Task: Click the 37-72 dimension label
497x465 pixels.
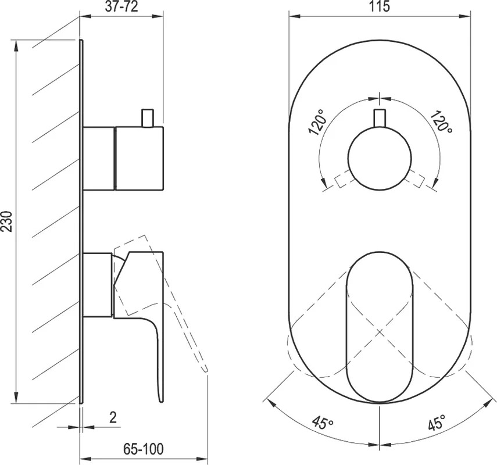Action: click(121, 6)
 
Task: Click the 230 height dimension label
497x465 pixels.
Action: click(7, 221)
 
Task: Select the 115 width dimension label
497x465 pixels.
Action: click(380, 6)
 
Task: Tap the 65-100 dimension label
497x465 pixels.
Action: click(143, 449)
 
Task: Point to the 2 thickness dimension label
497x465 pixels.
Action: click(113, 417)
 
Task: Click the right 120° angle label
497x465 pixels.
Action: click(441, 121)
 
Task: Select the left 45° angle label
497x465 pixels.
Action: click(323, 422)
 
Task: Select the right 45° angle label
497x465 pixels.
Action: click(437, 422)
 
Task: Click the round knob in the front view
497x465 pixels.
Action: click(380, 158)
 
